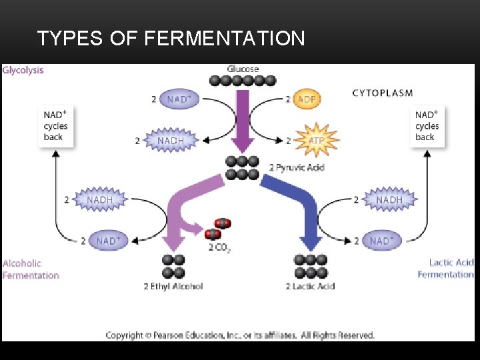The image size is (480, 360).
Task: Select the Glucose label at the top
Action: point(243,69)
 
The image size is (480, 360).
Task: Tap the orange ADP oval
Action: point(307,99)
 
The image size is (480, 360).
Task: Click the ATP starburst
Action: point(317,141)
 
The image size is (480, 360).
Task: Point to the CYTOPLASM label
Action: point(382,93)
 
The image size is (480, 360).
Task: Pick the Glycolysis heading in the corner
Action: point(23,69)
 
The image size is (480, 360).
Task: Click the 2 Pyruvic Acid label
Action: point(296,167)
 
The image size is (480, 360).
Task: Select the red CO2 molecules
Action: point(217,229)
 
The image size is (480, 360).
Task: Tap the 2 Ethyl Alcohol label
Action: point(173,287)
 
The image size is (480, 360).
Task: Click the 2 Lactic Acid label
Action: point(311,287)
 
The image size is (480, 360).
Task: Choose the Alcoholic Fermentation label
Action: point(31,269)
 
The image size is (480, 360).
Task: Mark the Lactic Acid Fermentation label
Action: point(445,269)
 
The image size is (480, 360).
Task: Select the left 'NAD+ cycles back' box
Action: point(56,125)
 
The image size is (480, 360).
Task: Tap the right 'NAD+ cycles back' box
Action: point(427,125)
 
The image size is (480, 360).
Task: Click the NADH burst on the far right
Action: point(389,199)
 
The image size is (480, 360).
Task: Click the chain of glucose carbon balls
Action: point(243,81)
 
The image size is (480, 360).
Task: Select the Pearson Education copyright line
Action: point(240,335)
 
